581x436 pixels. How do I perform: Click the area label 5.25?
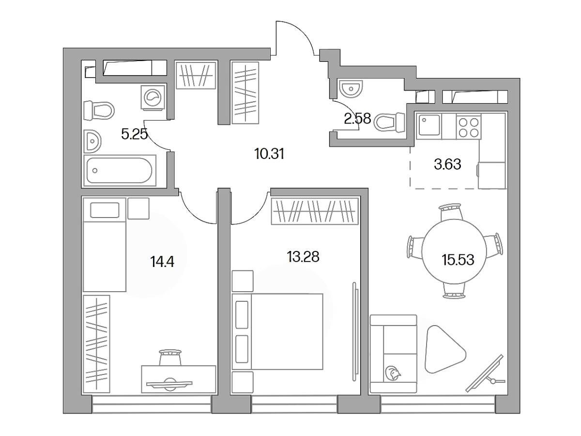point(134,134)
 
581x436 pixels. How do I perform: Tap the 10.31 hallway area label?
point(270,154)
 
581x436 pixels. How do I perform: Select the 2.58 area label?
point(357,118)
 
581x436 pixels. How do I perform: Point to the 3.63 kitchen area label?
point(447,164)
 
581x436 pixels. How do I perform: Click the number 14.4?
point(162,262)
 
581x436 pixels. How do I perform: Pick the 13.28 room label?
point(303,257)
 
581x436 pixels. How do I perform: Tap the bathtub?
point(120,171)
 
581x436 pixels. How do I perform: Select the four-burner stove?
point(469,127)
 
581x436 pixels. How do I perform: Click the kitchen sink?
point(428,126)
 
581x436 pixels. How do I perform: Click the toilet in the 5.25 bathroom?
point(99,110)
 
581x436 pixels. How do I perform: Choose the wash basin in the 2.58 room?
point(350,88)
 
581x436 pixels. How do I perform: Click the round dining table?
point(454,251)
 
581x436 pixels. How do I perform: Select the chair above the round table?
point(452,211)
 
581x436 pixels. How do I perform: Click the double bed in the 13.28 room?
point(277,331)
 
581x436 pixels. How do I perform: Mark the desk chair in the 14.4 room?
point(170,358)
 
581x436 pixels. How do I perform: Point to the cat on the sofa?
point(393,373)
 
